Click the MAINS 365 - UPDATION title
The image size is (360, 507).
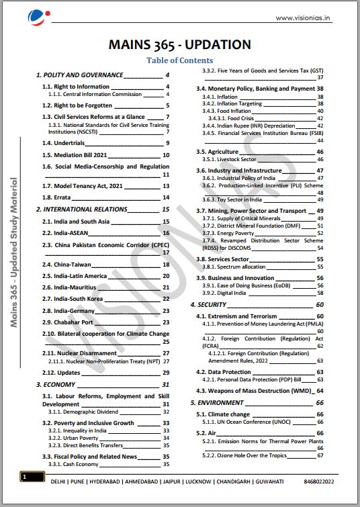pyautogui.click(x=179, y=45)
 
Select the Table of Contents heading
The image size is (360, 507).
pyautogui.click(x=179, y=60)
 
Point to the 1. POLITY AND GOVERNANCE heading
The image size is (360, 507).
pyautogui.click(x=79, y=75)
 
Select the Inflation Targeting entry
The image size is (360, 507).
pyautogui.click(x=229, y=103)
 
